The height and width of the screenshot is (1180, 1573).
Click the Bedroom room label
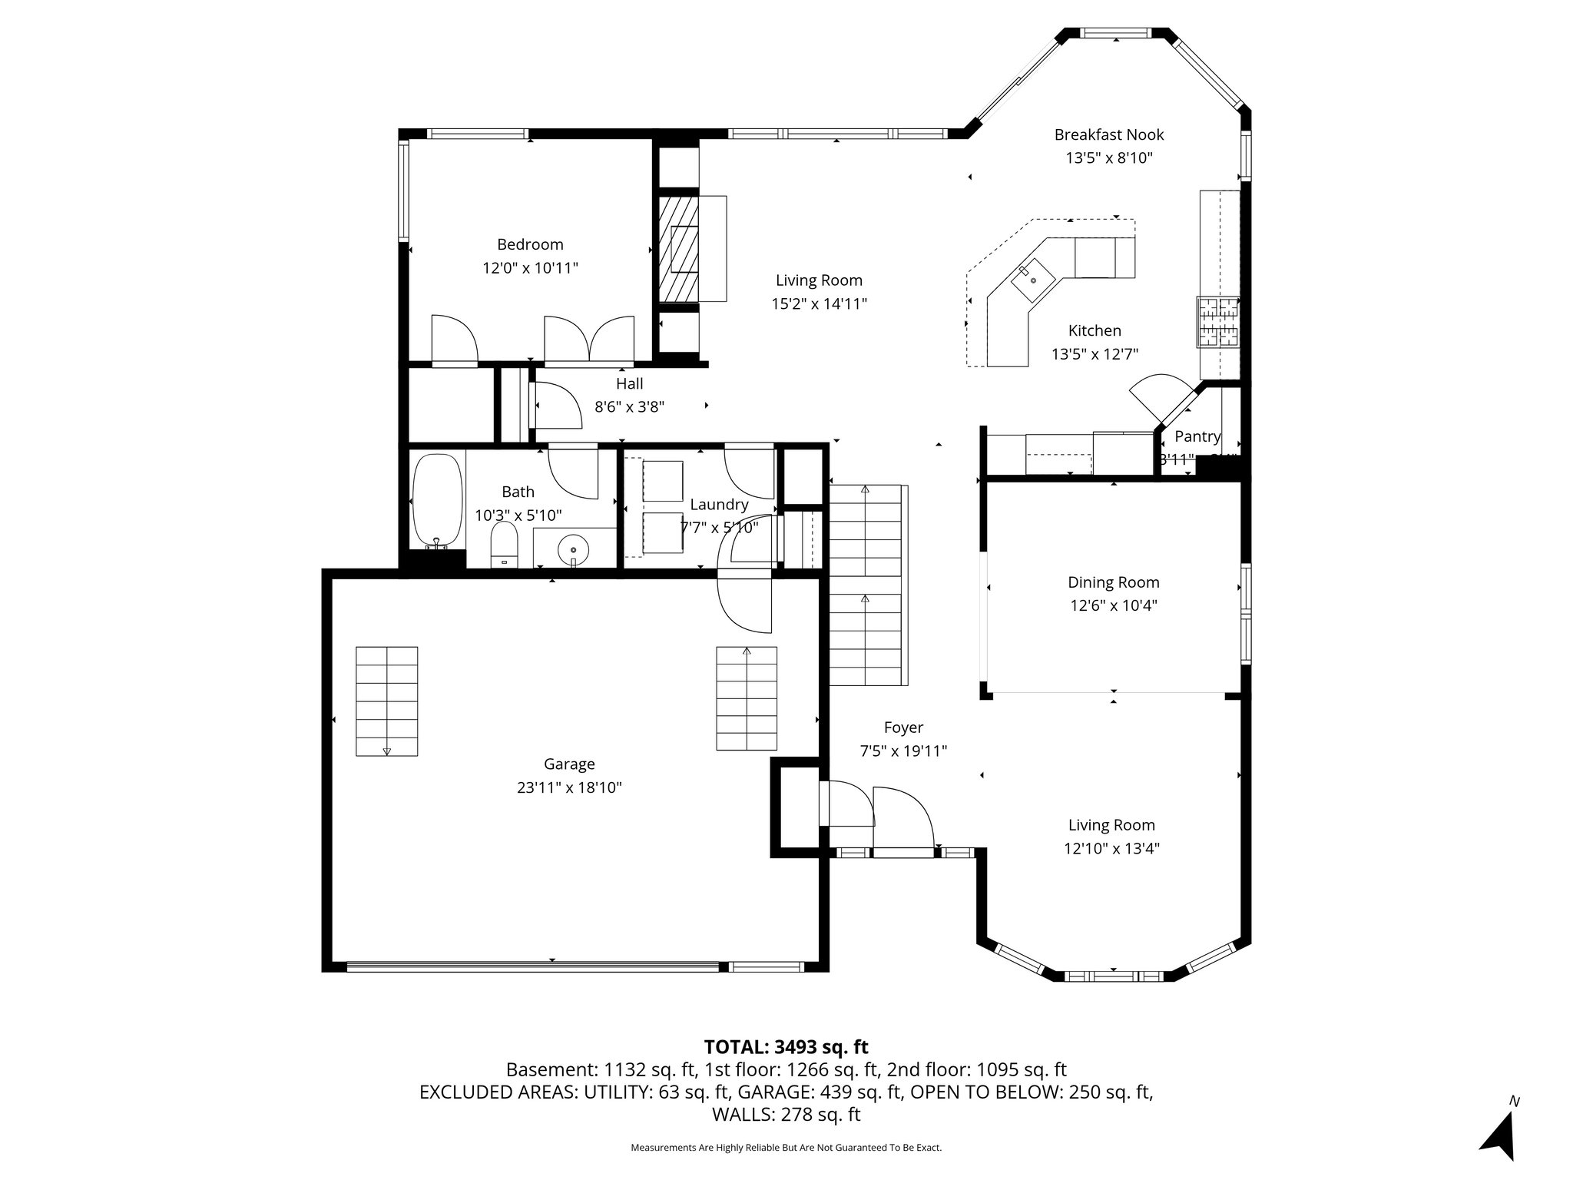click(530, 244)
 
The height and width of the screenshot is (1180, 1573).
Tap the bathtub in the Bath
click(438, 499)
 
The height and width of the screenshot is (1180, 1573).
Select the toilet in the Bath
click(505, 545)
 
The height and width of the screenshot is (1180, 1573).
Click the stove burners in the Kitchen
click(1218, 321)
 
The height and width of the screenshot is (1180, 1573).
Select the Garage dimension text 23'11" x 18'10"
click(569, 787)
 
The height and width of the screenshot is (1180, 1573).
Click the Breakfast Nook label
click(1109, 135)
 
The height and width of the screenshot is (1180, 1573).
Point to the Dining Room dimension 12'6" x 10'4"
click(1114, 605)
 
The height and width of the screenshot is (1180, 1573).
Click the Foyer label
click(903, 728)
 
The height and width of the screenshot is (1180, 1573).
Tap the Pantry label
click(1197, 436)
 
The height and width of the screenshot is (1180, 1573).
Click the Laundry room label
click(719, 505)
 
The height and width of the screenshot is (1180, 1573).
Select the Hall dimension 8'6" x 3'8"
click(629, 406)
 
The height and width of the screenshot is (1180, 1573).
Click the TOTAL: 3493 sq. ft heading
click(786, 1046)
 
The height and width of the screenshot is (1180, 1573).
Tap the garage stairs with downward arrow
click(386, 701)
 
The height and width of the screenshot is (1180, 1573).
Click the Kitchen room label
click(1094, 330)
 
